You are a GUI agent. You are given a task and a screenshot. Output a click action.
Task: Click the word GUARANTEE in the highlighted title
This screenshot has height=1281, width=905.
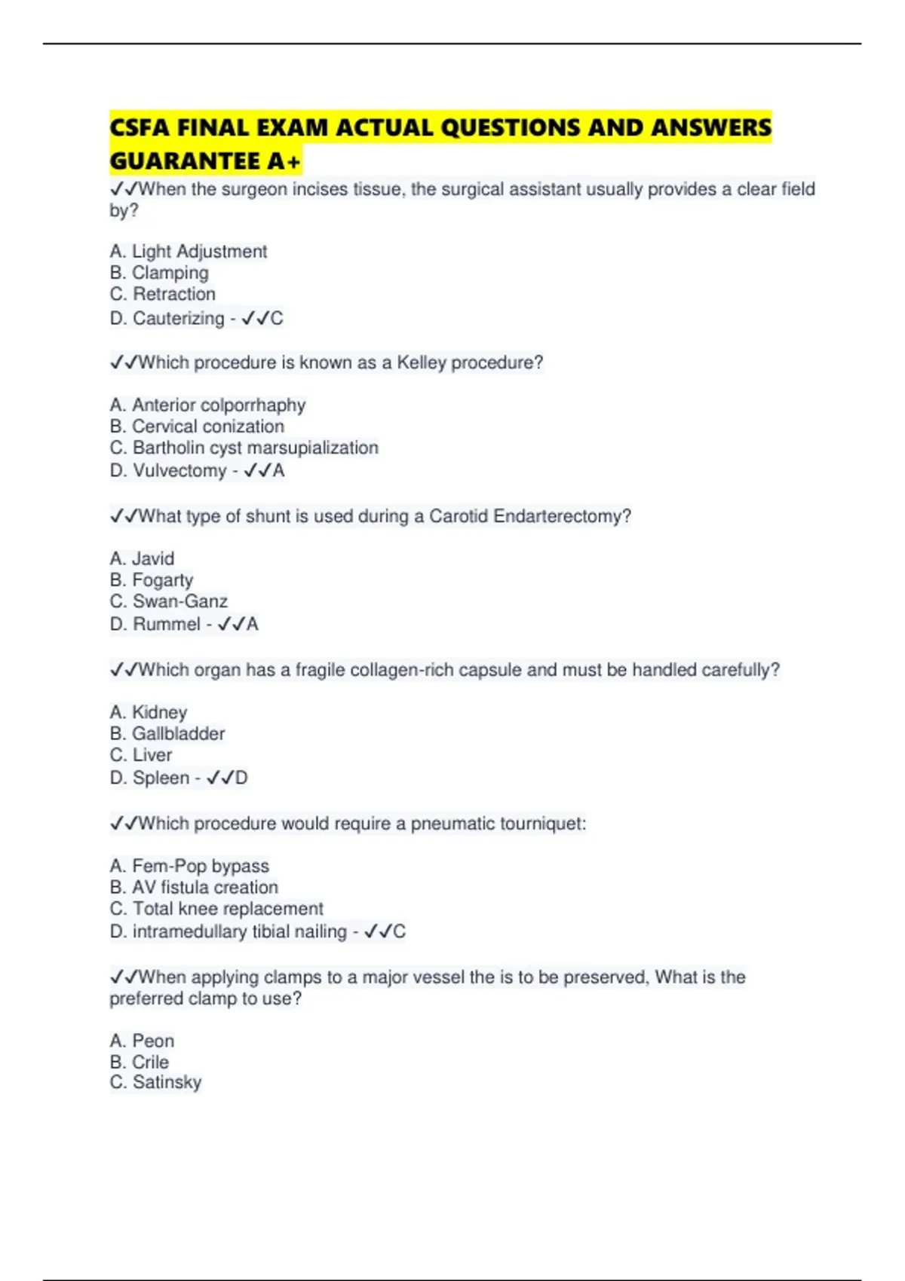point(184,161)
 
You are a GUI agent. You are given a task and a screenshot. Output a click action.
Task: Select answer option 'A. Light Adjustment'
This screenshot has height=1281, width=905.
point(188,251)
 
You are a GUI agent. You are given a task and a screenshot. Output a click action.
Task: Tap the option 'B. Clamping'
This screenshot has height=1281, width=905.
point(158,273)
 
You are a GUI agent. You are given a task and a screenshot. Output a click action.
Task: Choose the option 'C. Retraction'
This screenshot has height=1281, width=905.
point(162,294)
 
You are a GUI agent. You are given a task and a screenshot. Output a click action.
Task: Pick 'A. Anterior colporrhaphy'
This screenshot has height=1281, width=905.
point(207,405)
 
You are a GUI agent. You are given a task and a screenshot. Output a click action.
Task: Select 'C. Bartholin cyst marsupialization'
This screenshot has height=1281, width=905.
point(244,448)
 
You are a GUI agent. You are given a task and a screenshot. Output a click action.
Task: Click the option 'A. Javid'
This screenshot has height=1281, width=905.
point(142,558)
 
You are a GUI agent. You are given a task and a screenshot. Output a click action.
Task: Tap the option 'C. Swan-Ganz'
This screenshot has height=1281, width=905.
point(168,601)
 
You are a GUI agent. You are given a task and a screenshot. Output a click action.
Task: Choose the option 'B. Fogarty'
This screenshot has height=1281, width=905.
point(151,579)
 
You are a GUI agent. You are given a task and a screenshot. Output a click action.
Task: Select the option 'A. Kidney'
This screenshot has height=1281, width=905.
point(148,712)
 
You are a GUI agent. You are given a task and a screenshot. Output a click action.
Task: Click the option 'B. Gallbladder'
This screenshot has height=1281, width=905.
point(167,733)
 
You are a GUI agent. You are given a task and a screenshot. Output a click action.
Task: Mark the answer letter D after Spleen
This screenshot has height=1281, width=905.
point(241,778)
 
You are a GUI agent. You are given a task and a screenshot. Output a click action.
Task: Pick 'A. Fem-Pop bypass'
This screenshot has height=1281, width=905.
point(189,866)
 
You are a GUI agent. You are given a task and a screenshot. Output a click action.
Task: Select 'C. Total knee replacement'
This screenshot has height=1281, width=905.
point(216,909)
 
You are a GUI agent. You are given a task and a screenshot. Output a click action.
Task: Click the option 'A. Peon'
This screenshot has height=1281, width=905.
point(142,1041)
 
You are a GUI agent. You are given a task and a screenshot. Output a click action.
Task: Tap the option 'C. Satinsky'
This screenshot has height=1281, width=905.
point(155,1082)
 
